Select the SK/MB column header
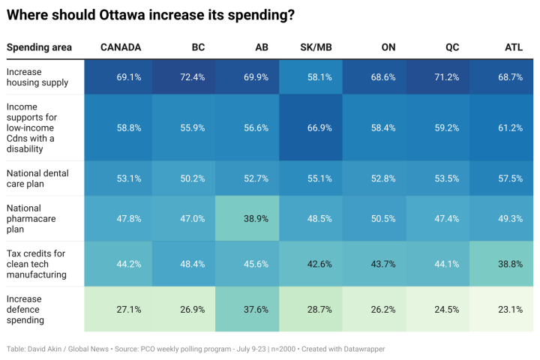(315, 47)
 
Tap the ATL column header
(514, 47)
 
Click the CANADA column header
(121, 47)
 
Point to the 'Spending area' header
(39, 47)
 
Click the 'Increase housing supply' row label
(37, 77)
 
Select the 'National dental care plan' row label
(37, 178)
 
